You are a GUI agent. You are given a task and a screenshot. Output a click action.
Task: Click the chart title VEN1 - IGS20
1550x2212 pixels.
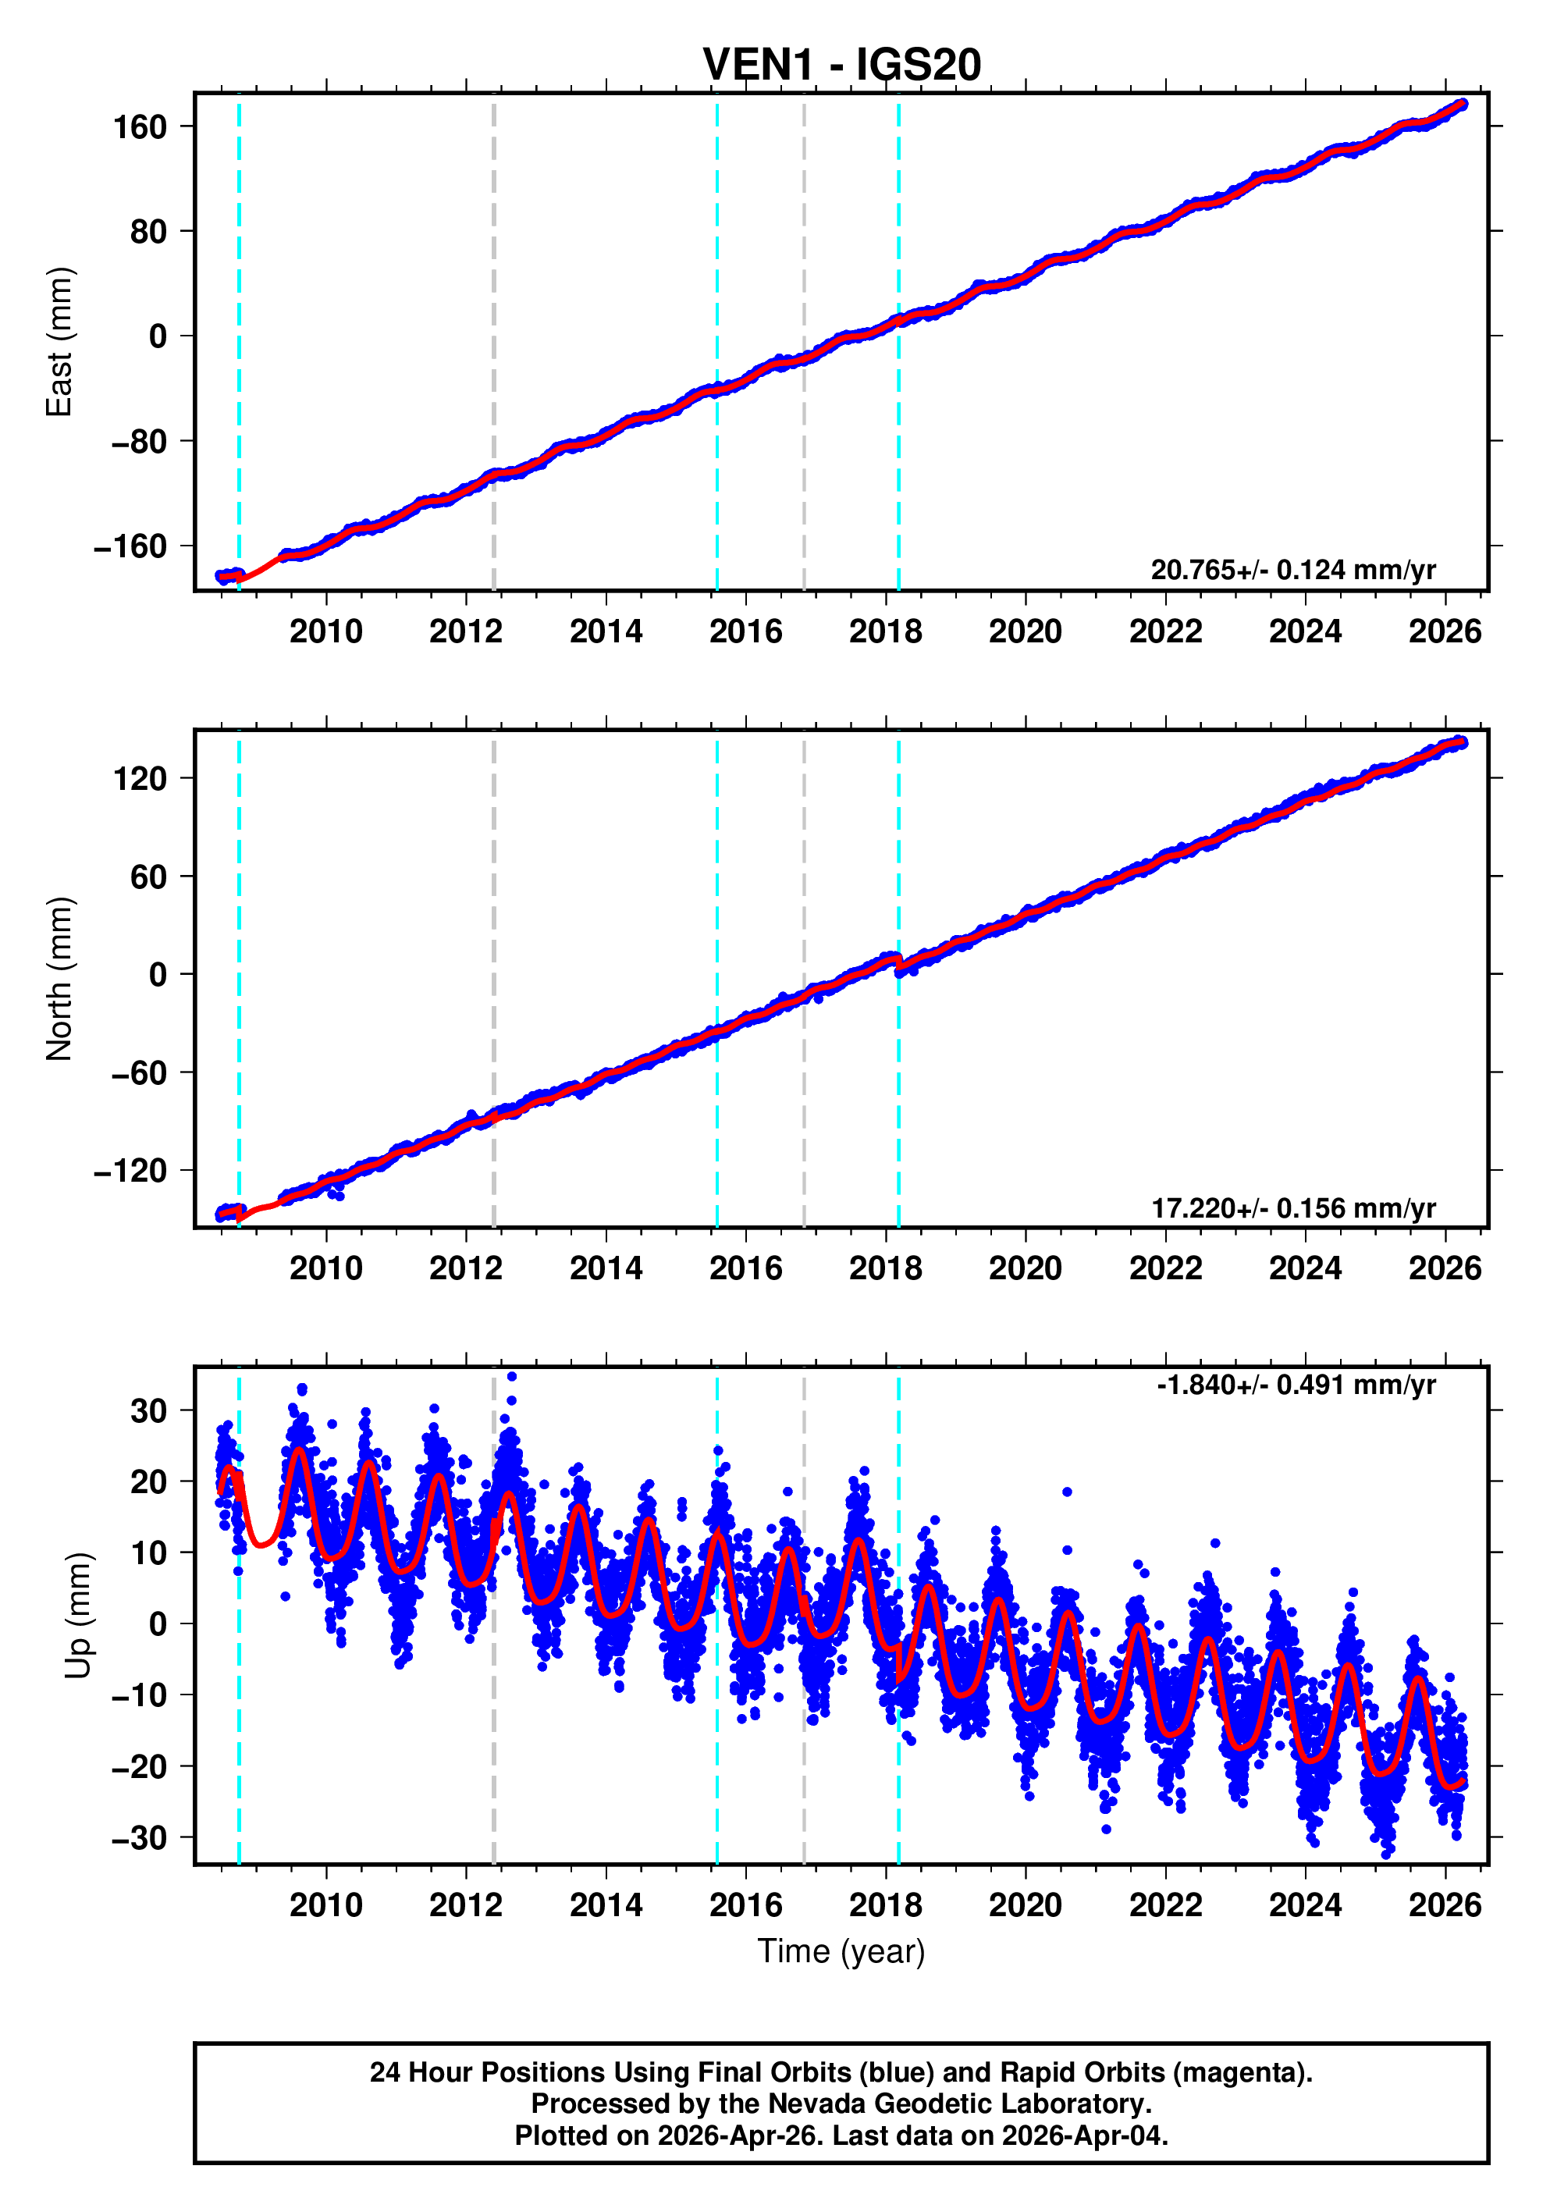click(841, 66)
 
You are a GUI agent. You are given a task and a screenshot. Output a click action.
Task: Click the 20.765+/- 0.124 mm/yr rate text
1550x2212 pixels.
click(1292, 571)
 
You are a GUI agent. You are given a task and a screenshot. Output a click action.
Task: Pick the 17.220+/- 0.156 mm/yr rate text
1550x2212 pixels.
click(1292, 1208)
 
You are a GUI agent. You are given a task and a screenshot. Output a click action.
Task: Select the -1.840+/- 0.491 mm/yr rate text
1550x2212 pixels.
click(1296, 1385)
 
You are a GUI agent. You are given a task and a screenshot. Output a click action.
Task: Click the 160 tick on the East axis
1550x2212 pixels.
click(140, 127)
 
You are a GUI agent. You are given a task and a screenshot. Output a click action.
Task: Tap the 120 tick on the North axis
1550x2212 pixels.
click(140, 778)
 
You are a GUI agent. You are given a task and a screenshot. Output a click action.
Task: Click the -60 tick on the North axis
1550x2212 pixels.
click(139, 1073)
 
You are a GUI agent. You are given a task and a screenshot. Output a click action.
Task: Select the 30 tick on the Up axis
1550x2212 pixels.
click(149, 1411)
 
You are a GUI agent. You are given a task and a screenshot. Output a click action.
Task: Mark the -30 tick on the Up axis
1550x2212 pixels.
click(139, 1838)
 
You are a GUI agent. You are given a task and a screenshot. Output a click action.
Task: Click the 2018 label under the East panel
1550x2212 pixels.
click(885, 632)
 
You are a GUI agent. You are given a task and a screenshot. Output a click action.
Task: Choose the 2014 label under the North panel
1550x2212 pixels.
click(606, 1269)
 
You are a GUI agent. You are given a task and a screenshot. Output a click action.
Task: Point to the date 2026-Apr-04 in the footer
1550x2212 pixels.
click(1083, 2136)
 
